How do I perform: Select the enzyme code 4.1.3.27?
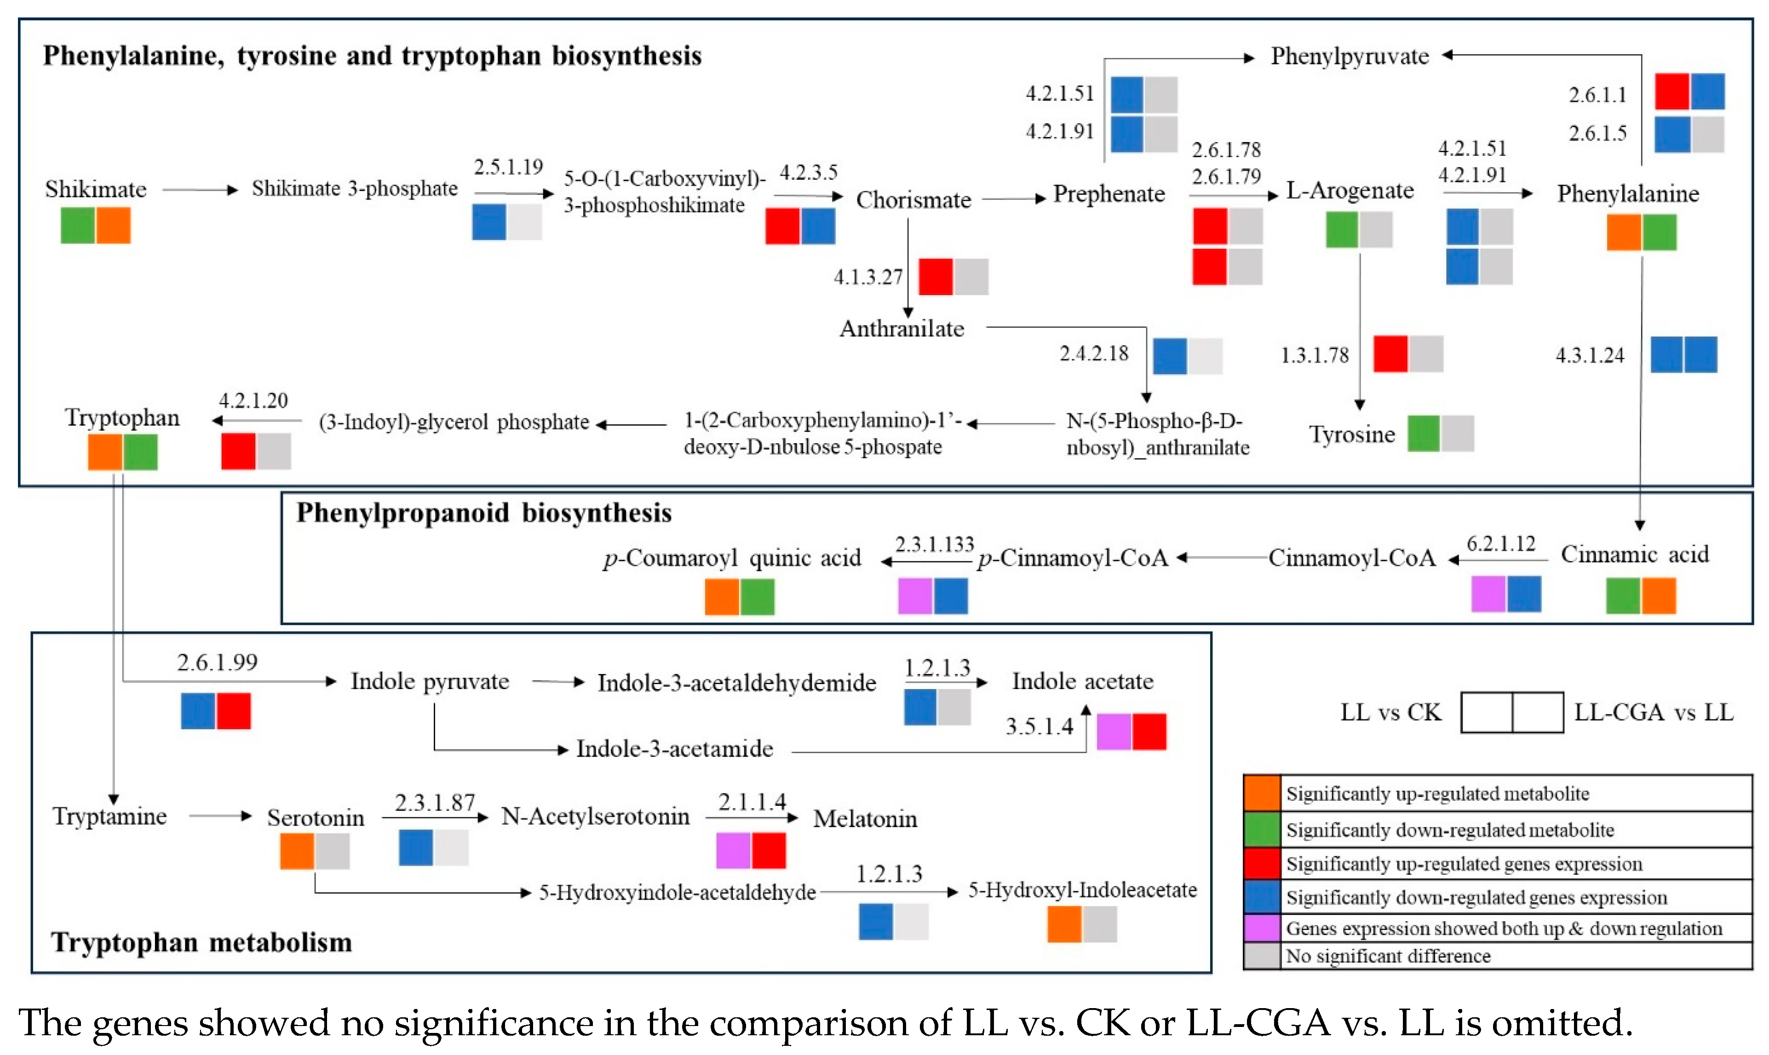click(868, 277)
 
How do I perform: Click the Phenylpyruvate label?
click(1350, 56)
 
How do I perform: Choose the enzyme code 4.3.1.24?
click(1590, 355)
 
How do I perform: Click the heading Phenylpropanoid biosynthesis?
click(484, 513)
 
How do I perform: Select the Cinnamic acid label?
click(1634, 554)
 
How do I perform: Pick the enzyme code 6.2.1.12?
click(1501, 544)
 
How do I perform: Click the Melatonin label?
click(865, 819)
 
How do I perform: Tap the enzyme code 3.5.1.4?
click(1039, 727)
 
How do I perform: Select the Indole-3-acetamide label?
click(674, 748)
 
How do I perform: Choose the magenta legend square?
click(1262, 928)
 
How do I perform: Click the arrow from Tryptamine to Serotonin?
click(220, 816)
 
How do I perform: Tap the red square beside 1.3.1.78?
click(1390, 354)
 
